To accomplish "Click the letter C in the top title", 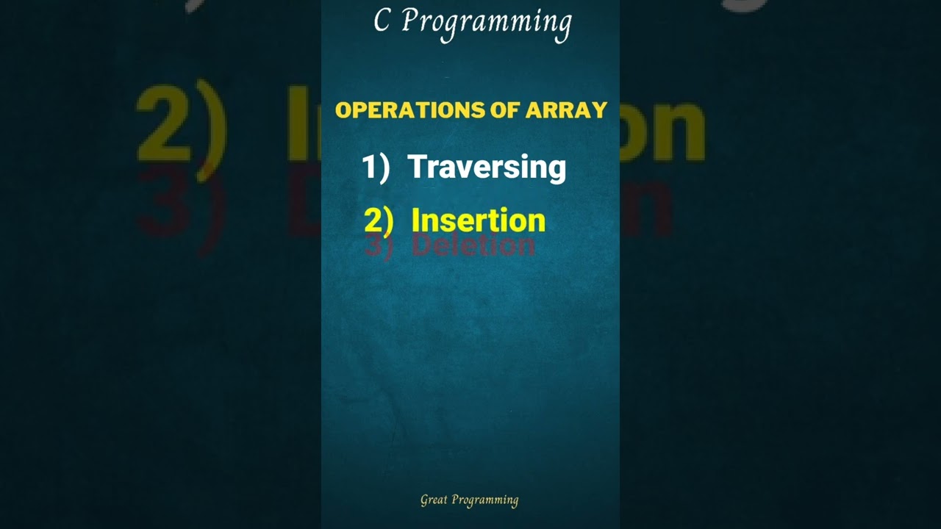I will click(381, 21).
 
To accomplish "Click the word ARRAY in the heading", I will click(566, 110).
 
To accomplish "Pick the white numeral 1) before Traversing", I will click(375, 168).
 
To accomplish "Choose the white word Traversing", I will click(487, 168).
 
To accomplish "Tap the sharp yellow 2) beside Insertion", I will click(379, 220).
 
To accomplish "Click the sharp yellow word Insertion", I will click(478, 220).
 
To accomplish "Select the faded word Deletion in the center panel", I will click(473, 245).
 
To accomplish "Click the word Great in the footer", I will click(434, 500).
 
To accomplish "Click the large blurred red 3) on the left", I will click(176, 206).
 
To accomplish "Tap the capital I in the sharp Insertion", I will click(415, 220).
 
